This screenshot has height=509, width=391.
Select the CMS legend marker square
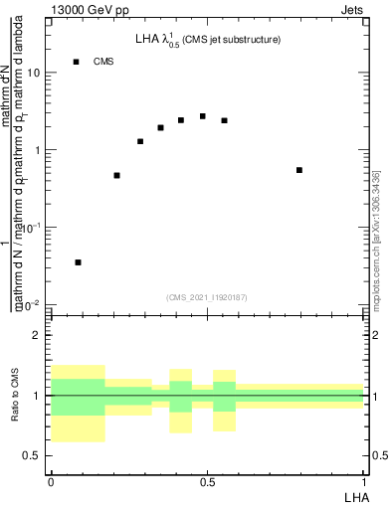(76, 62)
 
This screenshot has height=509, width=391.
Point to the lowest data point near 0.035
(79, 262)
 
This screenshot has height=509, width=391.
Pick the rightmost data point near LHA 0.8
(299, 170)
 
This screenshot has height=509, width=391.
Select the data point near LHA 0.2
(117, 175)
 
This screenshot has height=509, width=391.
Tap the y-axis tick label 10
(34, 74)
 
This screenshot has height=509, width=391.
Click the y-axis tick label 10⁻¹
(32, 227)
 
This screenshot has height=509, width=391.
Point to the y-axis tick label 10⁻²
(32, 303)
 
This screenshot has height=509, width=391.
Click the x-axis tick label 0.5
(207, 482)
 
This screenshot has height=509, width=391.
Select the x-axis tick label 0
(51, 482)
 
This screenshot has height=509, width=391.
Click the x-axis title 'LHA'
(354, 496)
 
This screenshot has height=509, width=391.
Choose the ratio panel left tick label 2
(37, 335)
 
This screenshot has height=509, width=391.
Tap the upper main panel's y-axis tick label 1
(38, 150)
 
